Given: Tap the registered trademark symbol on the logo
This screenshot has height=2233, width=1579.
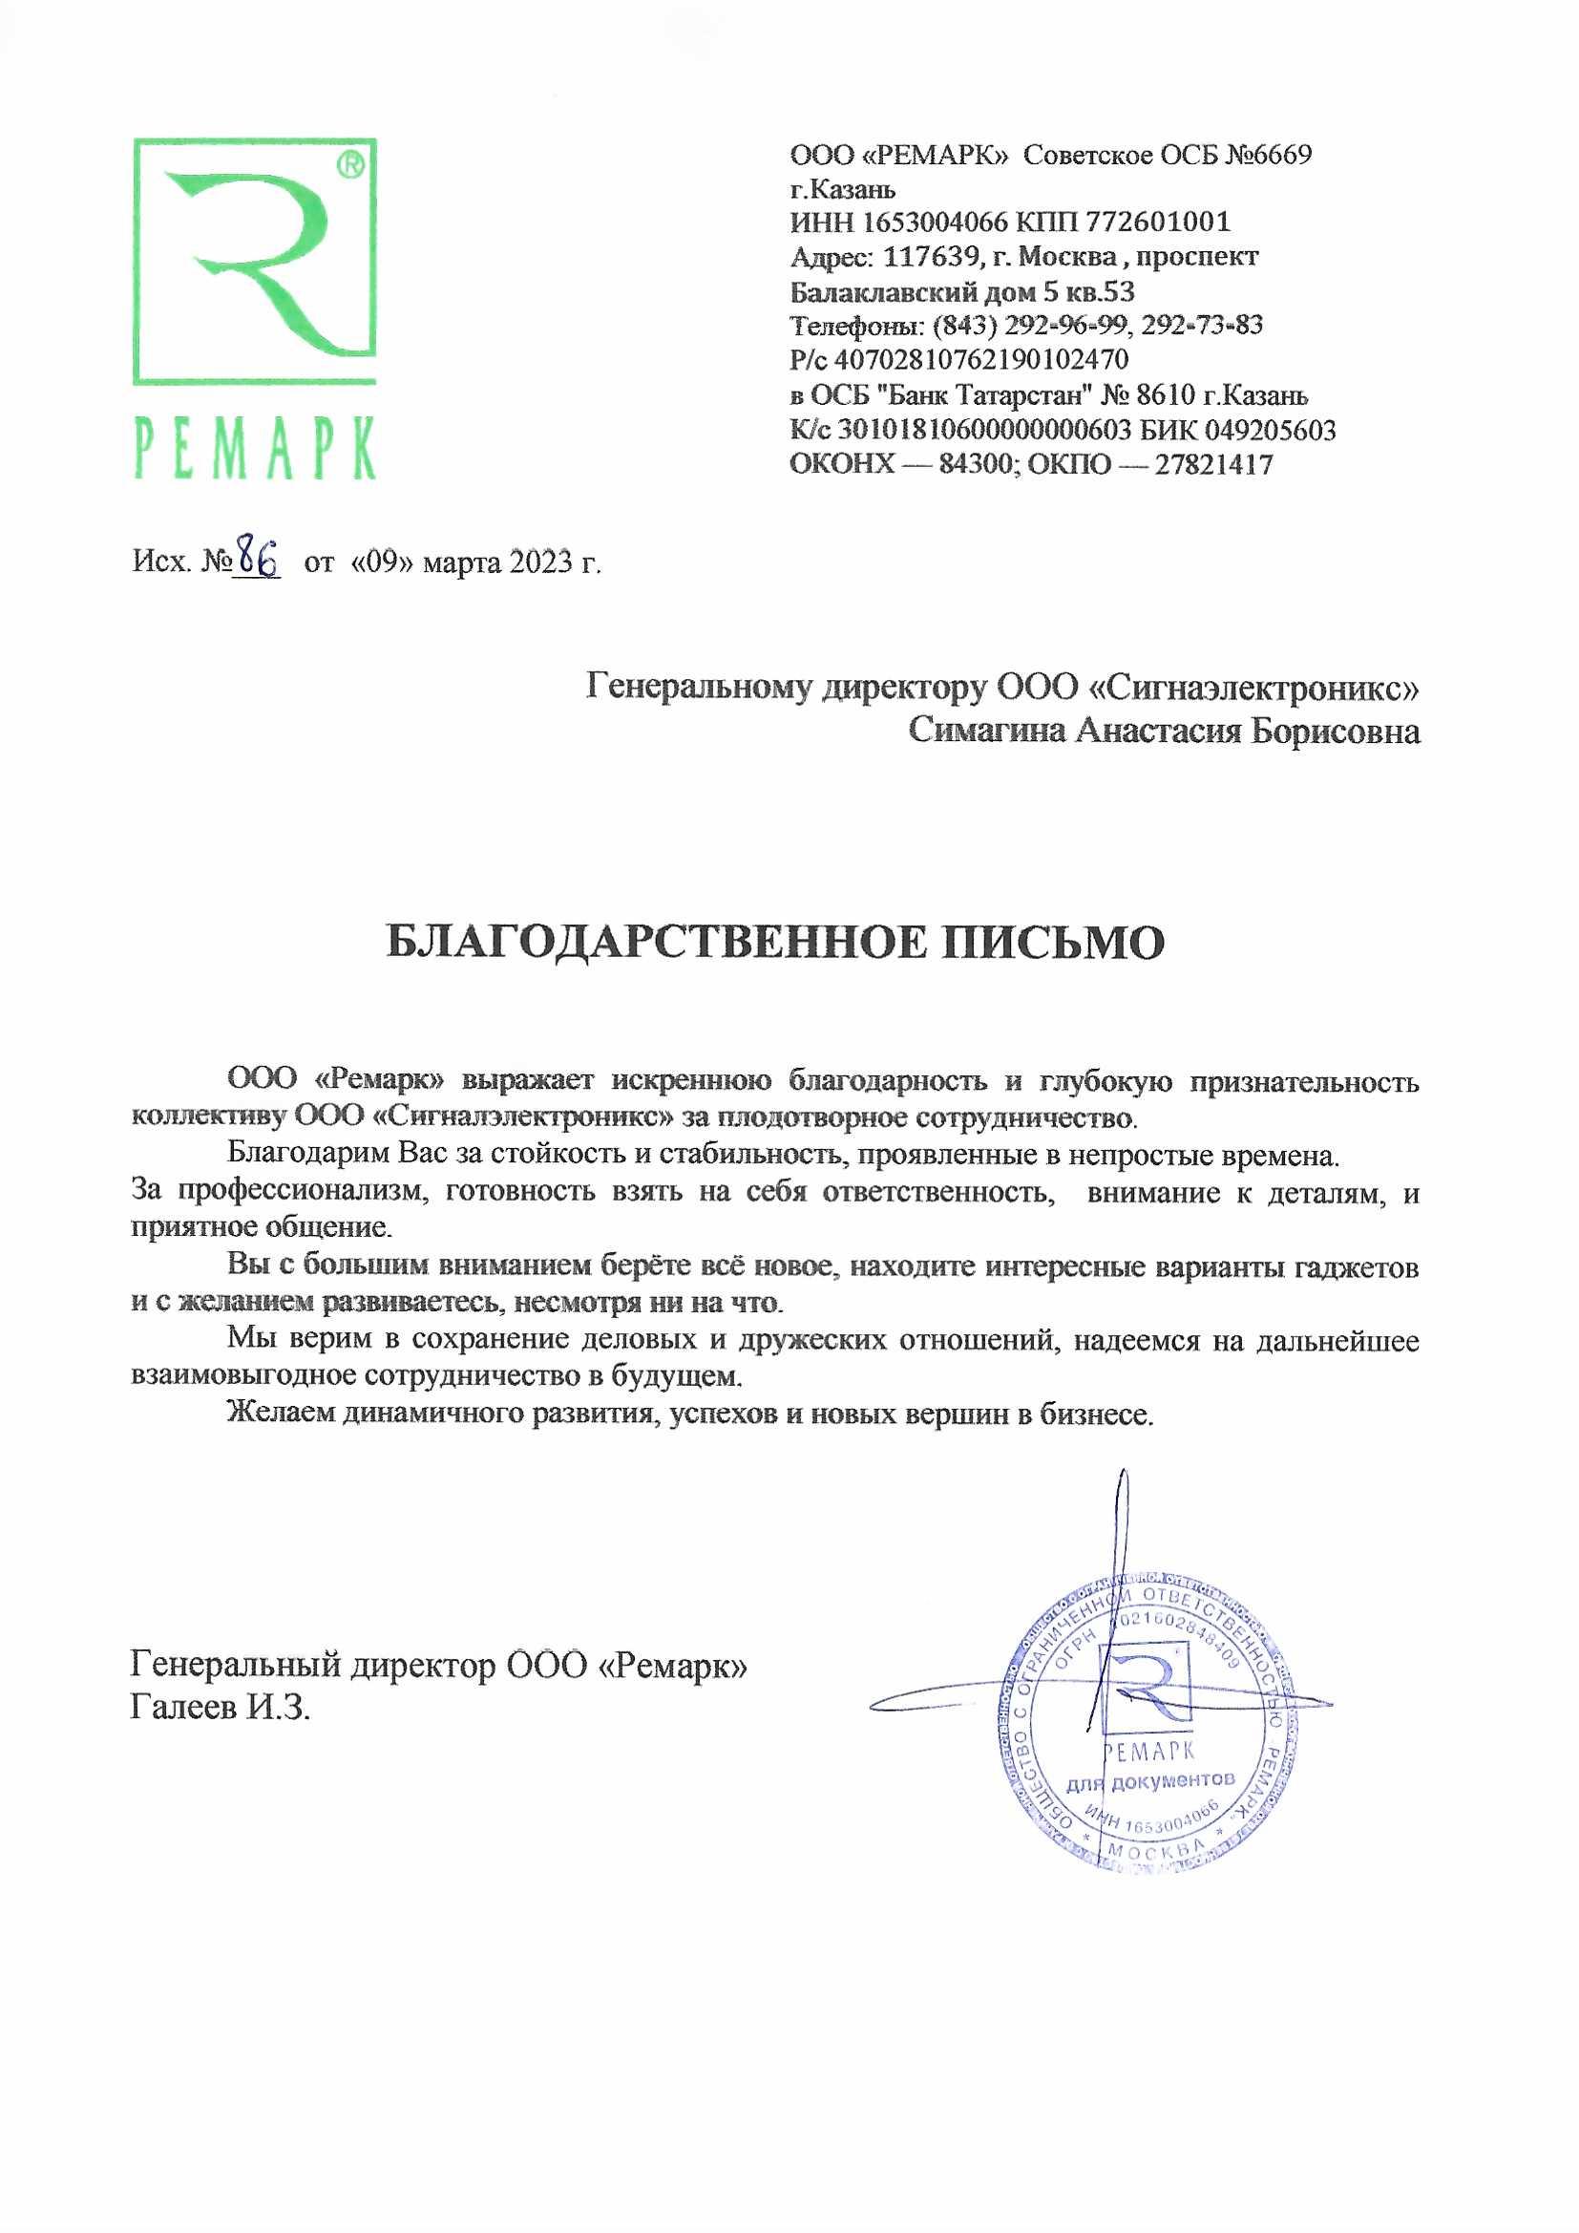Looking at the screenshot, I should (x=350, y=166).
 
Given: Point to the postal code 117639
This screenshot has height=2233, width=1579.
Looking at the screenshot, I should (x=928, y=257).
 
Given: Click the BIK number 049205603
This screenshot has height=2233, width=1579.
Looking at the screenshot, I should (x=1270, y=430).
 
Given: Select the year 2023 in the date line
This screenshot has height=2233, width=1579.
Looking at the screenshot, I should (x=538, y=563).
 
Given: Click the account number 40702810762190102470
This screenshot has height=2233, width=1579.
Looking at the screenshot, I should (x=982, y=360).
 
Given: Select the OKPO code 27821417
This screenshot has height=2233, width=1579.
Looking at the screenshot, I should (x=1213, y=464).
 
